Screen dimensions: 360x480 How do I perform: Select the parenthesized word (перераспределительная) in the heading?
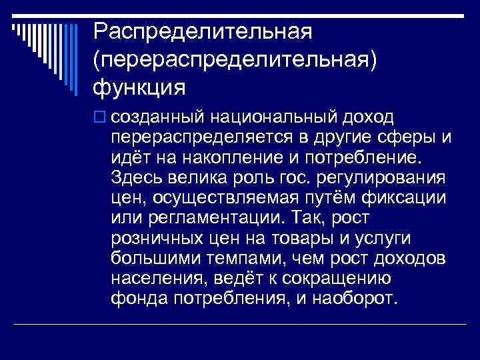coord(235,58)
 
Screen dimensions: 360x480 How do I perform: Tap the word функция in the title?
coord(139,87)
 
